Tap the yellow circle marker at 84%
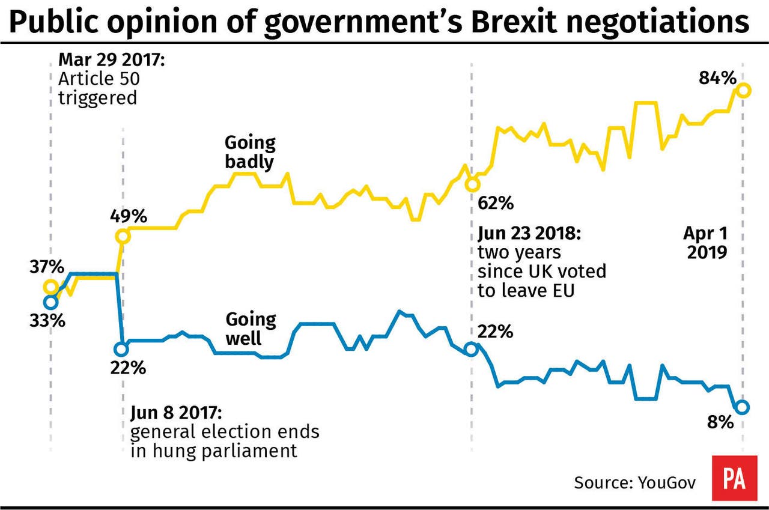[x=743, y=90]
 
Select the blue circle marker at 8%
[x=742, y=407]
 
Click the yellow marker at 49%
[x=122, y=236]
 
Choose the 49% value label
[x=128, y=215]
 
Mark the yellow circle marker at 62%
[x=472, y=184]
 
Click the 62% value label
[x=496, y=203]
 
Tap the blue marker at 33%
[x=51, y=302]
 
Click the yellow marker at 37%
[x=50, y=287]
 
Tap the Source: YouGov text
[x=635, y=482]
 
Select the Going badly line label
[x=249, y=152]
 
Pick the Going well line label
[x=250, y=329]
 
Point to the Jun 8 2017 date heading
[x=177, y=413]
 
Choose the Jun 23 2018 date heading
[x=529, y=232]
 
